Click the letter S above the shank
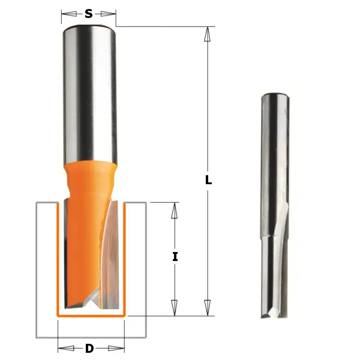coord(89,14)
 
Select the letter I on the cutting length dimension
coord(175,257)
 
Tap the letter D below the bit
coord(89,349)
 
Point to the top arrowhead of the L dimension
coord(208,34)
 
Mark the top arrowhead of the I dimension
coord(175,210)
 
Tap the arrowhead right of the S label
coord(108,14)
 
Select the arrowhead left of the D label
coord(65,348)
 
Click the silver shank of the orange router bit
coord(89,90)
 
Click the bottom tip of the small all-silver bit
coord(273,316)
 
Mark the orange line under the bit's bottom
coord(90,315)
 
